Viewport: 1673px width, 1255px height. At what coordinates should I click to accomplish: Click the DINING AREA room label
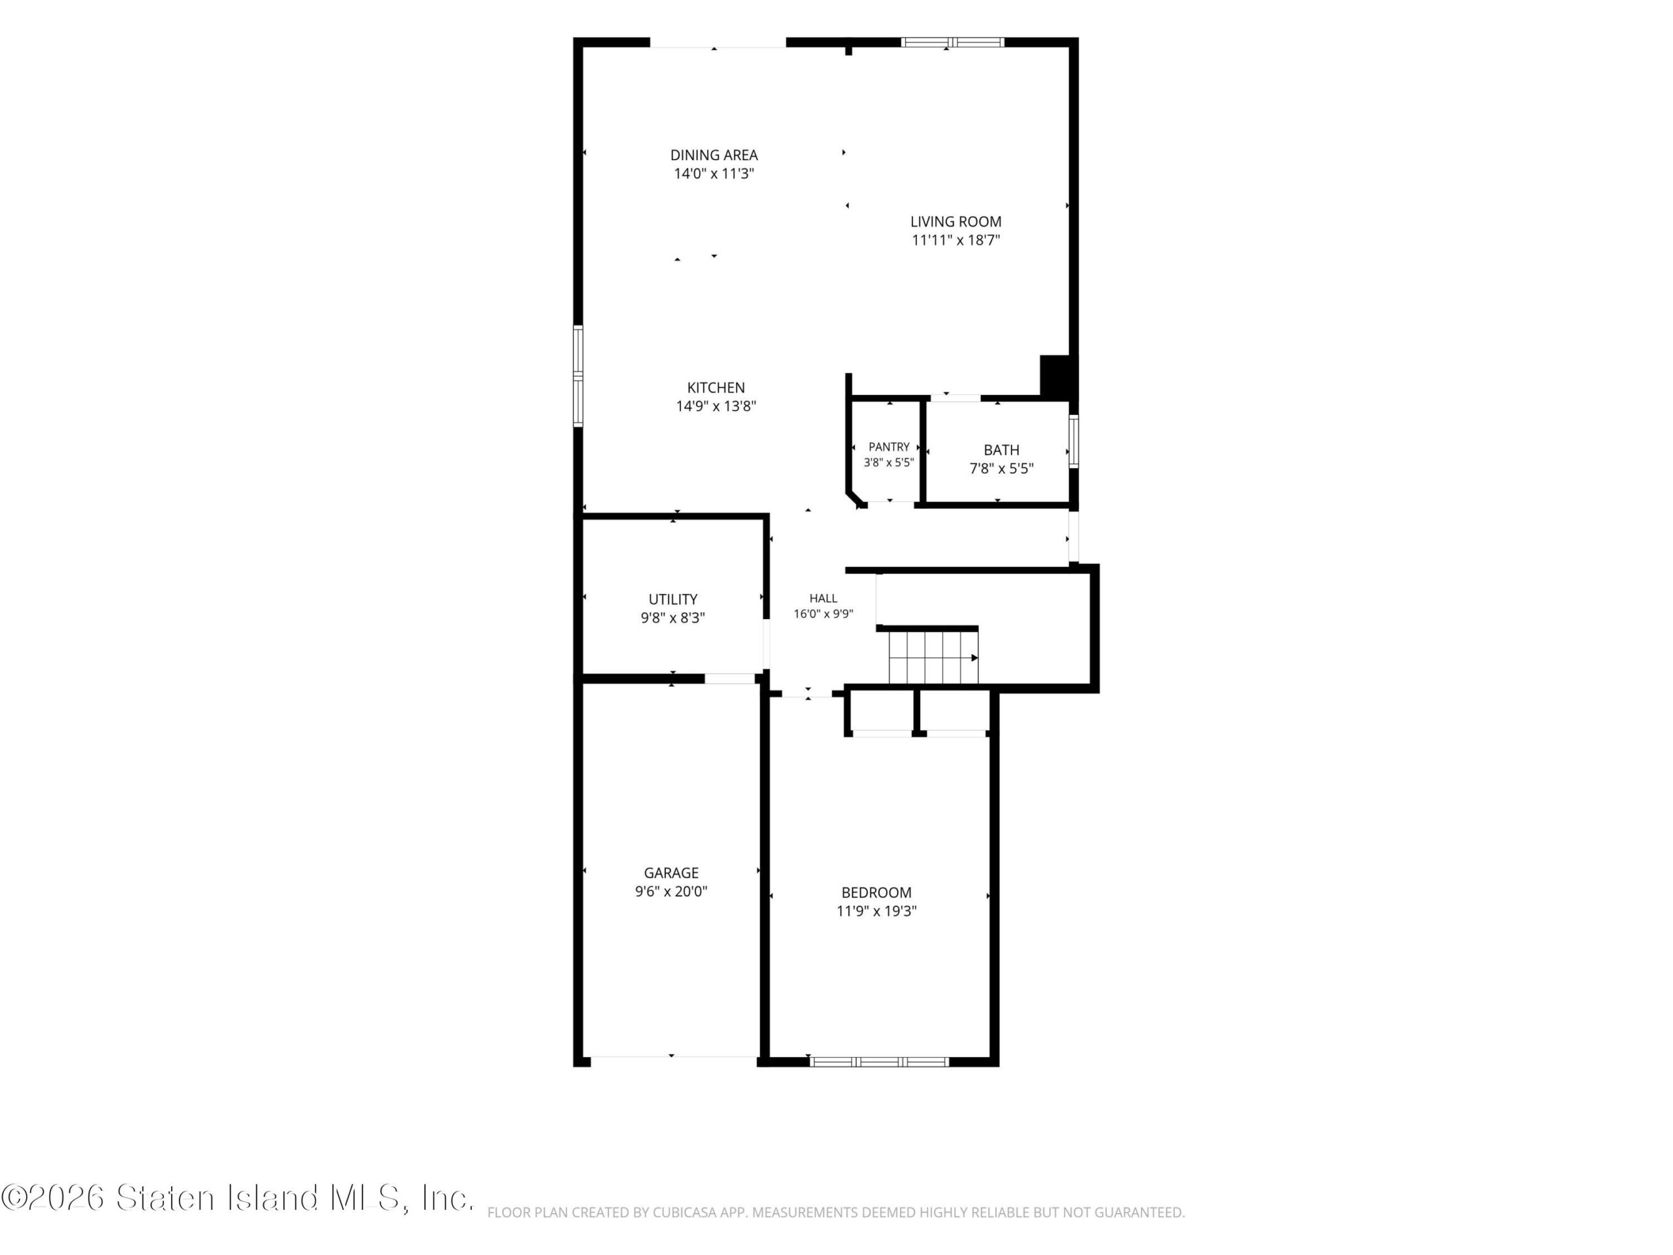point(714,155)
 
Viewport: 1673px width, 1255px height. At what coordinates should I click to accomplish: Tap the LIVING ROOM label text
point(955,222)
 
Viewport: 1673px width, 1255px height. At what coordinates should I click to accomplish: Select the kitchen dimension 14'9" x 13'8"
point(716,406)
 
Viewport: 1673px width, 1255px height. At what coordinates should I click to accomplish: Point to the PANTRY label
point(889,447)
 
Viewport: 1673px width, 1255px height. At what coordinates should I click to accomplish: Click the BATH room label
point(1001,450)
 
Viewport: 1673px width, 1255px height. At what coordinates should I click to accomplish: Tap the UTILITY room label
point(672,600)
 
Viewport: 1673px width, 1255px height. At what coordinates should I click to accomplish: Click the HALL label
point(823,598)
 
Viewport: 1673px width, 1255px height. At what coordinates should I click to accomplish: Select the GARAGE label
point(671,873)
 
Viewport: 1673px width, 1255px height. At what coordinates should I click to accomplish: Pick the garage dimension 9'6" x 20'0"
point(671,892)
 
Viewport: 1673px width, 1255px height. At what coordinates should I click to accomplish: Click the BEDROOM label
point(876,893)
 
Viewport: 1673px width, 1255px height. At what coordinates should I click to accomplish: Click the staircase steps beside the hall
point(933,658)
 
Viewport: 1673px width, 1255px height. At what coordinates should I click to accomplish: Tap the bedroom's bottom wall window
point(879,1062)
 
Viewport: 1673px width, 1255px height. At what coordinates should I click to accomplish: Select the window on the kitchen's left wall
point(578,376)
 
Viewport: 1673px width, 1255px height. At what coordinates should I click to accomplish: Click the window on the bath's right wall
point(1073,441)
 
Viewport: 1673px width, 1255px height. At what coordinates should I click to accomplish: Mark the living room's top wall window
point(952,42)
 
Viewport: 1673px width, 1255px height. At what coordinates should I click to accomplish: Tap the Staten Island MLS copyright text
point(237,1197)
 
